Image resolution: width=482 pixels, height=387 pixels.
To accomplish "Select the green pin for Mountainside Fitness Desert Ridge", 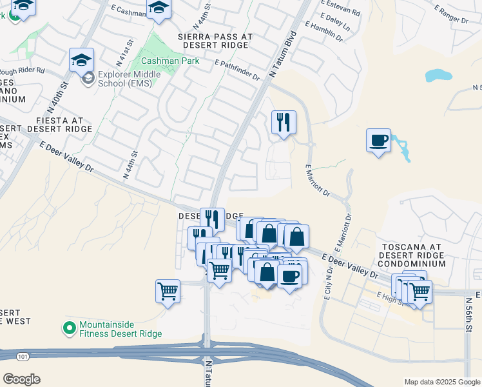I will pos(70,329).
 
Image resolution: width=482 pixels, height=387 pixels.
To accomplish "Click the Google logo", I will pos(21,379).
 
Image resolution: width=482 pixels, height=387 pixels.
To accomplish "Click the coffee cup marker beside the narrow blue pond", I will pos(378,141).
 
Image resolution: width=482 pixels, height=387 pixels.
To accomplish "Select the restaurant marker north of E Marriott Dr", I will pos(283,121).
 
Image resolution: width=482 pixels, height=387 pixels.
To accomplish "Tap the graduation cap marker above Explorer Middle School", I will pos(82,60).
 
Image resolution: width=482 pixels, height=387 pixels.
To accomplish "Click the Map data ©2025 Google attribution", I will pos(442,382).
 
